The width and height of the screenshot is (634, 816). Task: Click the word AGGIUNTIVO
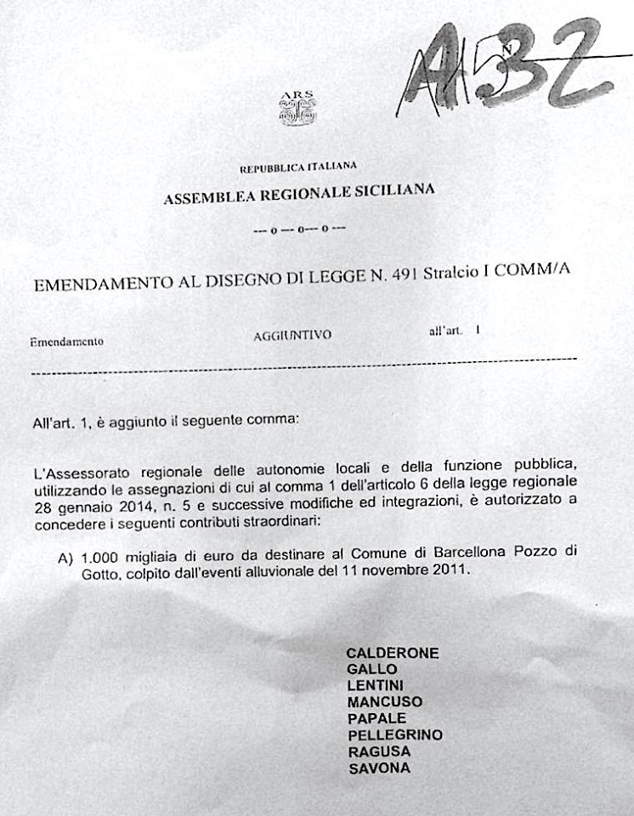click(x=292, y=336)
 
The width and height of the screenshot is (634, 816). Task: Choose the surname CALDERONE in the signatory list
click(x=393, y=653)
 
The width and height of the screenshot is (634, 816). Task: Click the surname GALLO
click(x=372, y=669)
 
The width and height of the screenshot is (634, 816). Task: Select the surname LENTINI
click(x=376, y=685)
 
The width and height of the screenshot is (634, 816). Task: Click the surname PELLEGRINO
click(x=395, y=734)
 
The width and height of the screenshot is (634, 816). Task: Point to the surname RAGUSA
click(x=379, y=751)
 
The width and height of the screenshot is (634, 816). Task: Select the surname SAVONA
click(x=379, y=768)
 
